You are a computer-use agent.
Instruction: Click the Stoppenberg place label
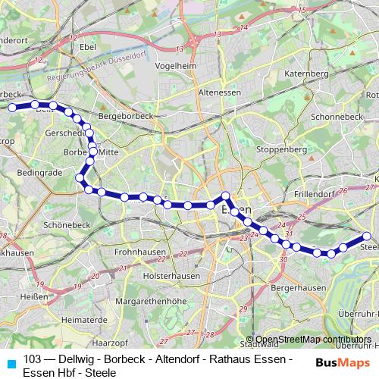pos(282,150)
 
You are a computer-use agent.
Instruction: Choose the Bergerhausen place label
pos(302,288)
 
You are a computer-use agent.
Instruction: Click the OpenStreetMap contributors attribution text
pos(309,340)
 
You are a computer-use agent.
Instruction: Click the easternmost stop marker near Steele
pos(368,236)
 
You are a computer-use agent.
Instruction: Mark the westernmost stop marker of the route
pos(11,108)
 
